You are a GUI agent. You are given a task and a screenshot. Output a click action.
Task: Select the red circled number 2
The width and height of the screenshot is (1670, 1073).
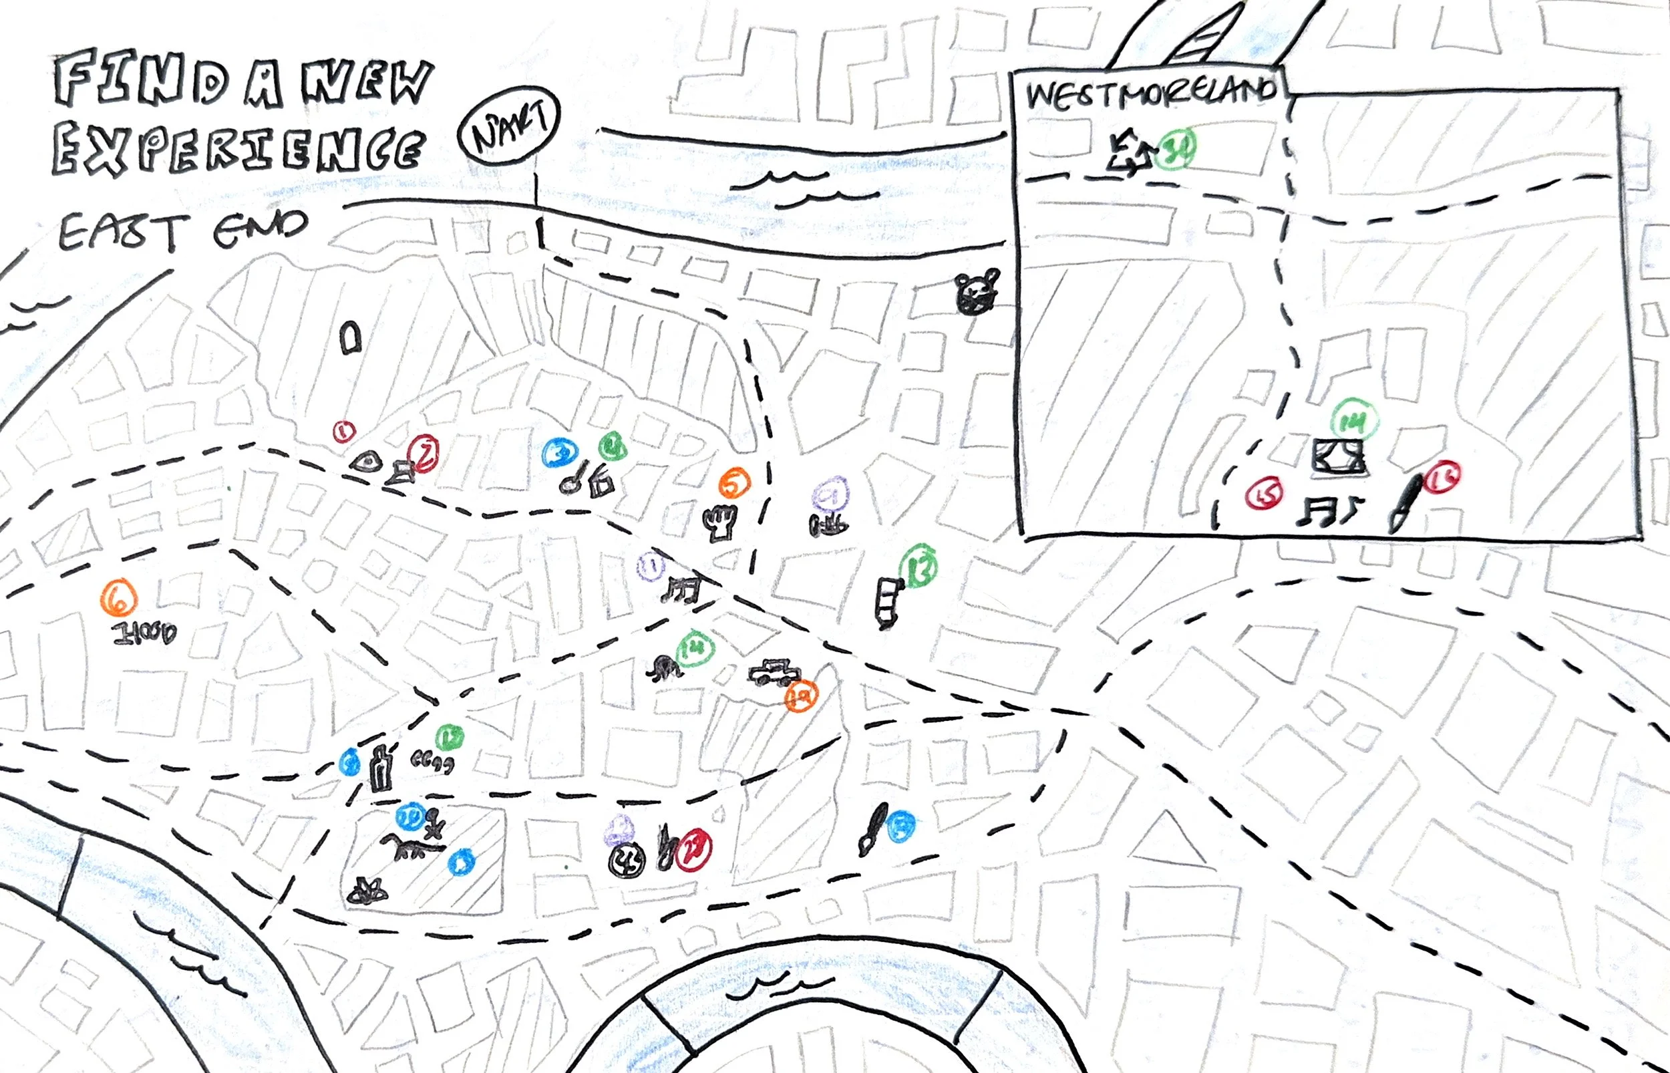click(x=424, y=453)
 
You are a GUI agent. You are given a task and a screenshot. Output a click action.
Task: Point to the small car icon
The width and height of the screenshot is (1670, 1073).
click(x=773, y=672)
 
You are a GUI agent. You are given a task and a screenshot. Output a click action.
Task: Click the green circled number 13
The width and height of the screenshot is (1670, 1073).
click(x=918, y=568)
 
